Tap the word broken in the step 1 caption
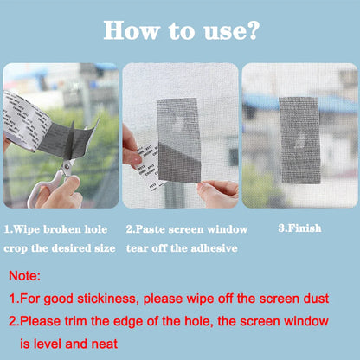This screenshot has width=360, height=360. pos(61,229)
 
